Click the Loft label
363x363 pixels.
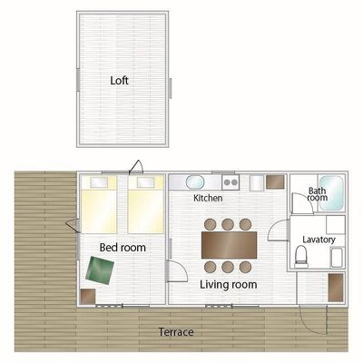point(119,81)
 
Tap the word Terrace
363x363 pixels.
point(176,332)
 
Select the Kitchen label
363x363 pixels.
point(208,198)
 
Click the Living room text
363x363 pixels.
point(229,285)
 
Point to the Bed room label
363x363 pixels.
point(123,248)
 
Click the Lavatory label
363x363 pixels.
point(319,240)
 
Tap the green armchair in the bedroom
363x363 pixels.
point(100,270)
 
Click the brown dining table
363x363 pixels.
point(229,245)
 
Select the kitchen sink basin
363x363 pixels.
point(195,182)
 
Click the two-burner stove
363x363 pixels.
point(231,182)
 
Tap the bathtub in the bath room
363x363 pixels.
point(332,193)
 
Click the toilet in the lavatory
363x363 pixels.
point(301,257)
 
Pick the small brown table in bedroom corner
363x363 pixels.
point(88,297)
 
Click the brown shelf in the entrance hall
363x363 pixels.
point(336,288)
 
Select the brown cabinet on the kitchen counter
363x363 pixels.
point(275,182)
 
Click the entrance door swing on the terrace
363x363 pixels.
point(314,320)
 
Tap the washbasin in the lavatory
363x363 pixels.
point(338,258)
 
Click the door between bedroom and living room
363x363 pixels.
point(177,271)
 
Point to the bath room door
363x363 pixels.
point(302,204)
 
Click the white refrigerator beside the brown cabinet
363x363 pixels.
point(257,182)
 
